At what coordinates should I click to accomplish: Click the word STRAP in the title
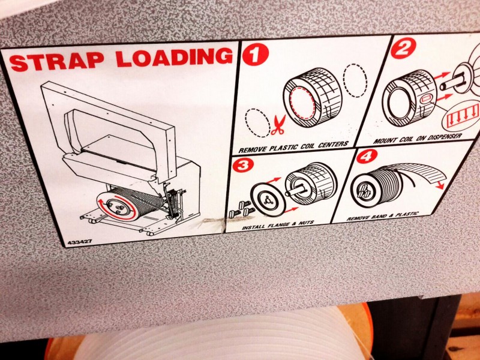[56, 62]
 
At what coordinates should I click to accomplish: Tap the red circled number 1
[256, 54]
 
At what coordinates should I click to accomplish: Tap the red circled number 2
[403, 48]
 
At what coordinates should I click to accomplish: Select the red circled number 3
[243, 166]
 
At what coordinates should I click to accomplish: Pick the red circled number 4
[367, 157]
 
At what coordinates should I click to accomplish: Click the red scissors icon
[278, 125]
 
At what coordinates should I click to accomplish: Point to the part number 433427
[80, 242]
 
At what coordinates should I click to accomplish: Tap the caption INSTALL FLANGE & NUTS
[278, 225]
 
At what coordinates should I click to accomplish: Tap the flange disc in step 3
[268, 200]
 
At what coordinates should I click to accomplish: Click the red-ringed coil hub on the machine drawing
[116, 207]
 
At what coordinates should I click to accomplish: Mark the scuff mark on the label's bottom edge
[214, 223]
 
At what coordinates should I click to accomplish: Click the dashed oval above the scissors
[257, 122]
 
